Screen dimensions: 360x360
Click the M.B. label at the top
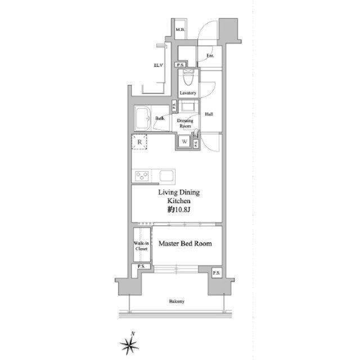pyautogui.click(x=180, y=30)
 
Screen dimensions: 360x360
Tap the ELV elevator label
pyautogui.click(x=158, y=65)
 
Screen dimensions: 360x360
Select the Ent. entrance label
pyautogui.click(x=210, y=56)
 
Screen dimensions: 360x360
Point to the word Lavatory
pyautogui.click(x=188, y=93)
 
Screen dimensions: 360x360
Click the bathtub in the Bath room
pyautogui.click(x=142, y=118)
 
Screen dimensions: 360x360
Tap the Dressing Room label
pyautogui.click(x=185, y=123)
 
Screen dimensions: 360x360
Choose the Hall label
pyautogui.click(x=209, y=114)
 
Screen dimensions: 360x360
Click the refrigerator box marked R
pyautogui.click(x=139, y=142)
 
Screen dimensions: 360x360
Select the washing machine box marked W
pyautogui.click(x=184, y=141)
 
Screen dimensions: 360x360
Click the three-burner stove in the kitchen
pyautogui.click(x=141, y=176)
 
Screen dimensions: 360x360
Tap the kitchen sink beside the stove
pyautogui.click(x=166, y=176)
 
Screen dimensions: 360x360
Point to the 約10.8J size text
pyautogui.click(x=179, y=210)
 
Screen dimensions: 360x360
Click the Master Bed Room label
pyautogui.click(x=185, y=244)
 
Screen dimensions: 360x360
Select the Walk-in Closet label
pyautogui.click(x=141, y=246)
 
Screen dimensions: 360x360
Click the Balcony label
pyautogui.click(x=177, y=301)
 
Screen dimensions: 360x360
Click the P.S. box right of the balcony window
pyautogui.click(x=216, y=273)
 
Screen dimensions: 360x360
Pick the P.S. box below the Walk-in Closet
pyautogui.click(x=141, y=266)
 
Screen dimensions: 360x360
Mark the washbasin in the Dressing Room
pyautogui.click(x=188, y=107)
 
